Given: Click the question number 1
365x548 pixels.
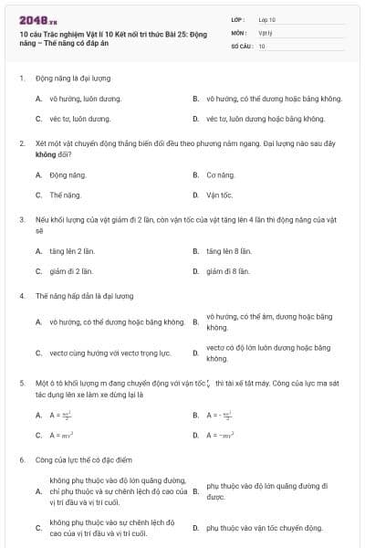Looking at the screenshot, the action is click(x=21, y=79).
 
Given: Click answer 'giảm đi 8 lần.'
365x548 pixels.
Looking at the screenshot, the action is click(x=228, y=271).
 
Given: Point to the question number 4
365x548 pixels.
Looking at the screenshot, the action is click(x=21, y=296).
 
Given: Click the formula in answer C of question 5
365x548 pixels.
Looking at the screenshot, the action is click(x=61, y=435).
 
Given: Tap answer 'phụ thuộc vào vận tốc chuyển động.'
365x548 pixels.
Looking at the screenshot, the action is click(x=265, y=528).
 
